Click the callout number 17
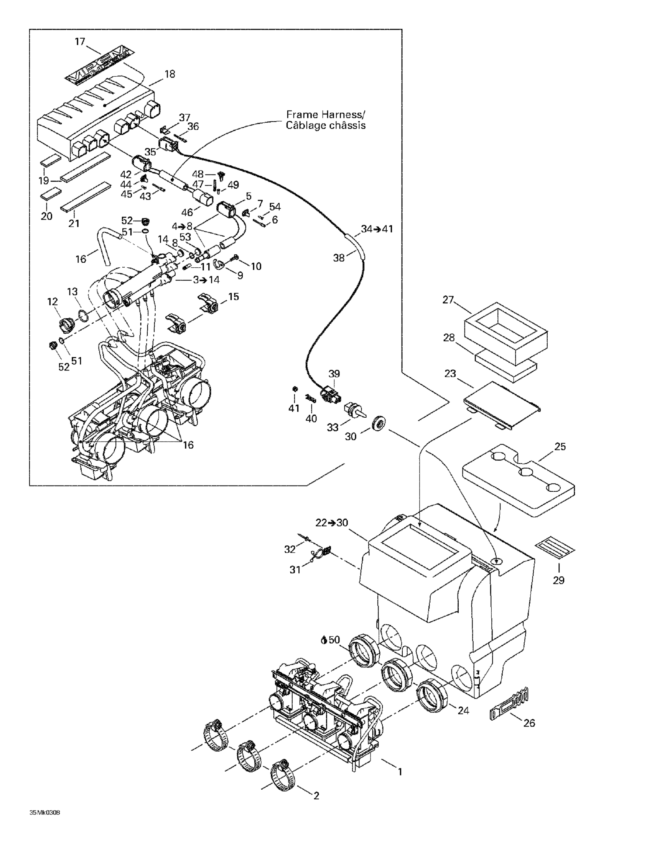pos(80,41)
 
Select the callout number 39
pos(334,374)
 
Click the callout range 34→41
pos(377,229)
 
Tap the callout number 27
pos(448,300)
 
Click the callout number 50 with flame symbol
pos(331,640)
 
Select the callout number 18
pos(170,74)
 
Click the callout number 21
pos(74,223)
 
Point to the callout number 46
pos(187,212)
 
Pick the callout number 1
pos(400,772)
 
